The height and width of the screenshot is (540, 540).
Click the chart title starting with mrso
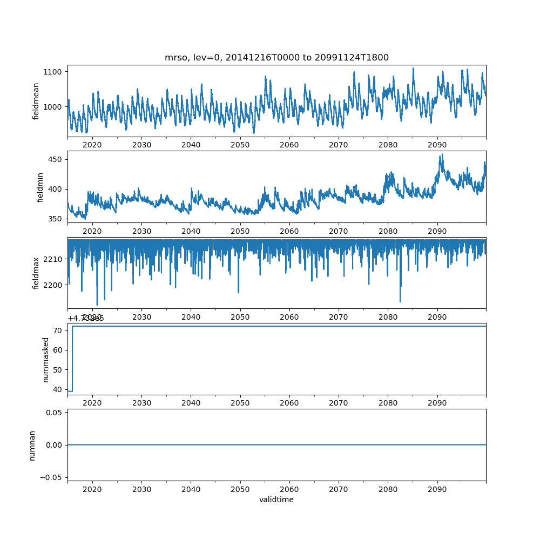tap(276, 58)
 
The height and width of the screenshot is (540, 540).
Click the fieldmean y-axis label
tap(36, 101)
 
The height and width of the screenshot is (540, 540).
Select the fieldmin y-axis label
tap(40, 187)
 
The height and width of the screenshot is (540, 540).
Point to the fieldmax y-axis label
tap(36, 272)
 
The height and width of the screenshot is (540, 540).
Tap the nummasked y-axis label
tap(46, 359)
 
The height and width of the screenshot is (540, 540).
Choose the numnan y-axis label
tap(32, 445)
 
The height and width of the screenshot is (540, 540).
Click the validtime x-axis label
tap(276, 500)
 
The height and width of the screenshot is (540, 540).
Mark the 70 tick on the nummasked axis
tap(59, 330)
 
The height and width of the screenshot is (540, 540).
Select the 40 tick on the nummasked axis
tap(59, 389)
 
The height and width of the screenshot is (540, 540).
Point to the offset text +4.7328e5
tap(86, 318)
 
